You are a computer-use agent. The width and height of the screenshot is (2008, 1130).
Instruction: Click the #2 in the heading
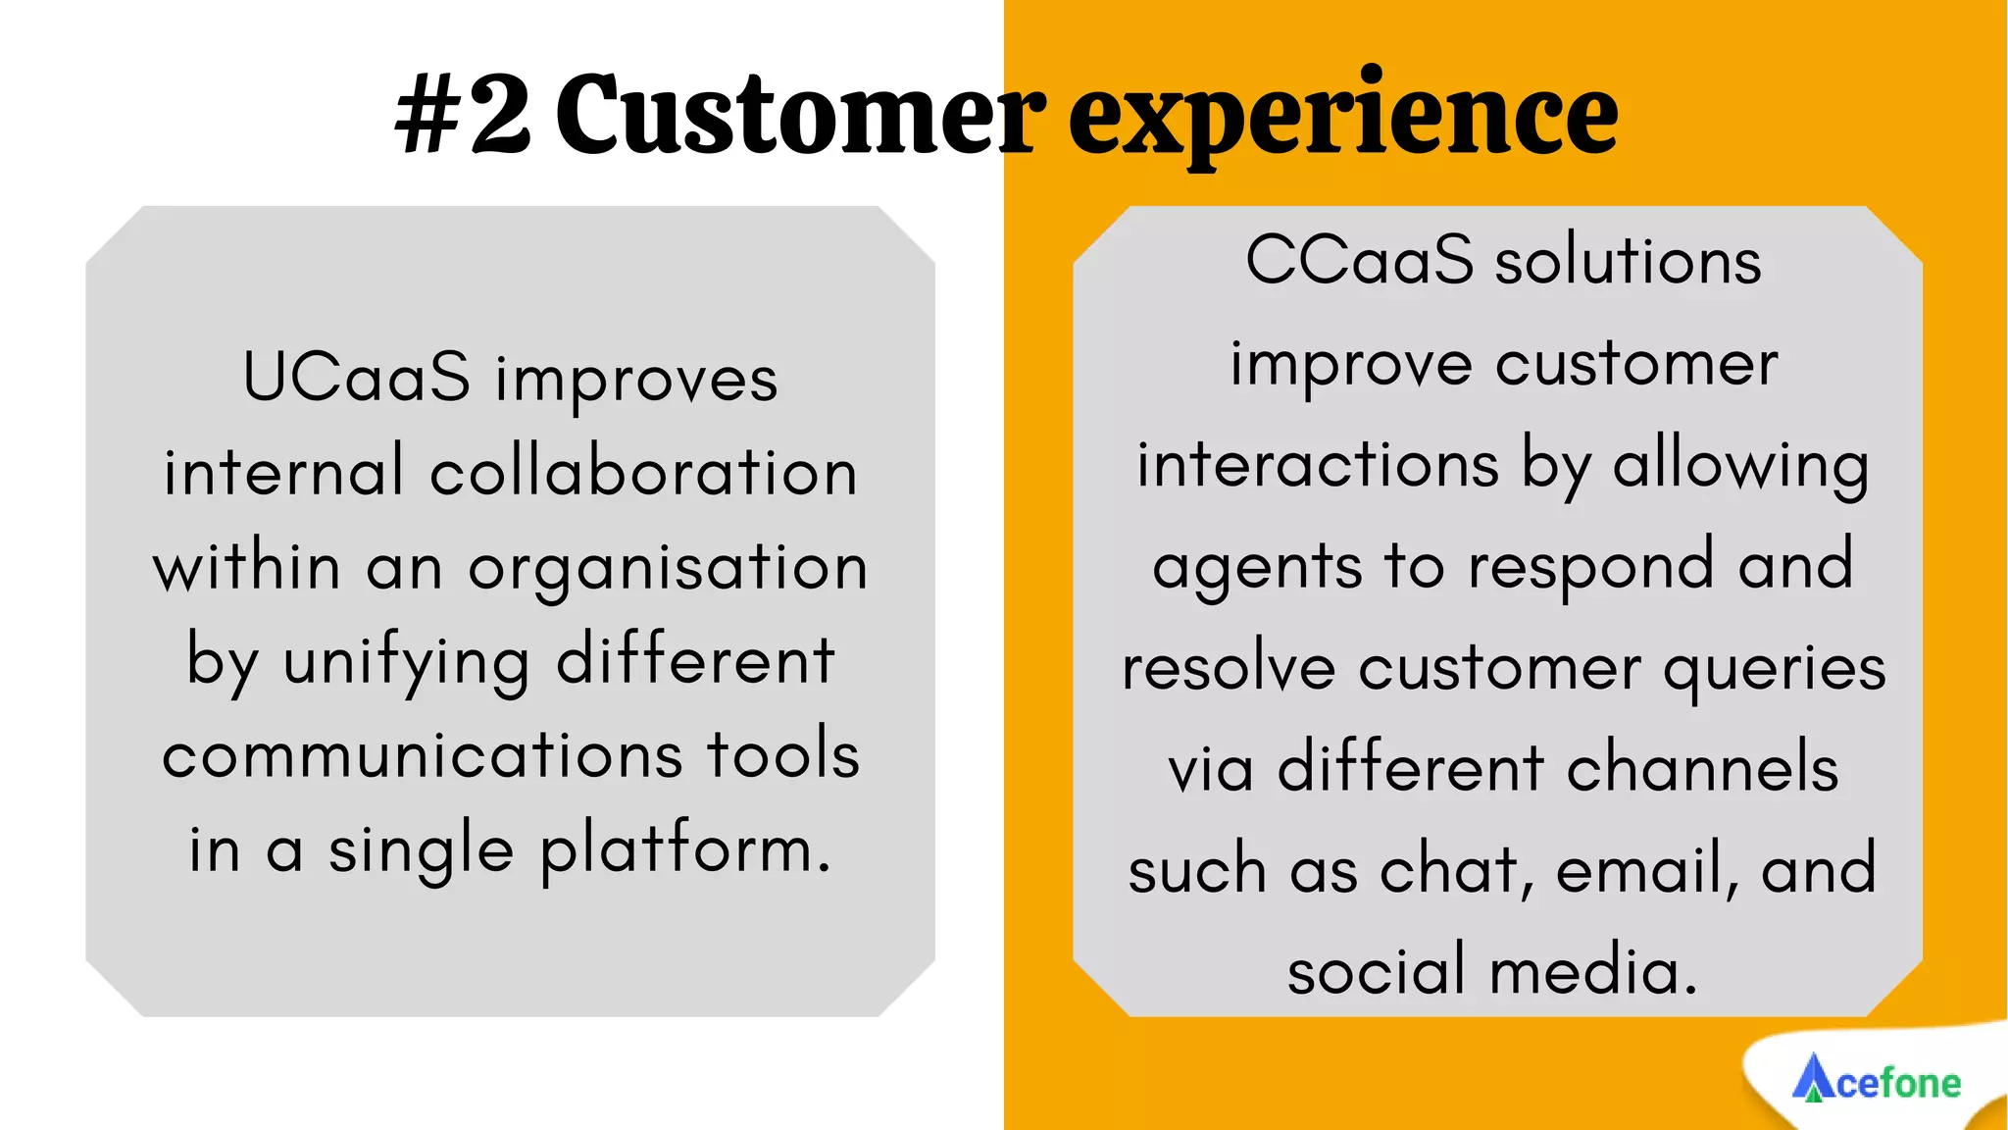[x=463, y=116]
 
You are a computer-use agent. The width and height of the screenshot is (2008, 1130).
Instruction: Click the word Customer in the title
[x=799, y=116]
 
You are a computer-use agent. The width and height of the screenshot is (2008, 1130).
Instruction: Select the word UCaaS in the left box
[x=356, y=378]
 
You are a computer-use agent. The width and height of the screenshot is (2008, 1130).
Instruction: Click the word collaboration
[x=643, y=472]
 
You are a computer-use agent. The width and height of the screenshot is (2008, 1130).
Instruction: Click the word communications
[x=422, y=755]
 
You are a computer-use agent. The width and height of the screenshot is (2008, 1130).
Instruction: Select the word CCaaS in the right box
[x=1359, y=261]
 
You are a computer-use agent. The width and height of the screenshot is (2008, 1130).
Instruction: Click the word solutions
[x=1628, y=261]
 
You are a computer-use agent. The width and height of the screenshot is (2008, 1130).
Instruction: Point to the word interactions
[x=1318, y=465]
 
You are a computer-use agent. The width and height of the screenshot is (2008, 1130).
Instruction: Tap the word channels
[x=1702, y=768]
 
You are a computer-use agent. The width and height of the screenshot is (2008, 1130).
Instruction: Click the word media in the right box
[x=1592, y=971]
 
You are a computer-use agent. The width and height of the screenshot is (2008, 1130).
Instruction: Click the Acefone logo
[x=1877, y=1080]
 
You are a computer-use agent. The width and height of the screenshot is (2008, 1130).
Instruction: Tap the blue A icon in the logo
[x=1813, y=1078]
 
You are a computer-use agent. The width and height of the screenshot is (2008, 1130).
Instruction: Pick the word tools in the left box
[x=783, y=755]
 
